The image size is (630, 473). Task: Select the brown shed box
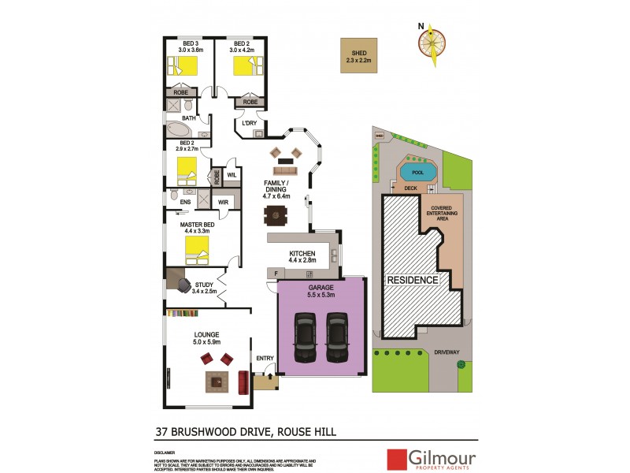[358, 56]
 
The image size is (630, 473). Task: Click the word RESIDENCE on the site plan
[410, 280]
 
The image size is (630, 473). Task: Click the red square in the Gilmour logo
[395, 460]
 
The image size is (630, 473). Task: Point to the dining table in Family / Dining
[276, 214]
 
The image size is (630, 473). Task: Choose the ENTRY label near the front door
[265, 359]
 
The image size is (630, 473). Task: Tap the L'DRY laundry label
[250, 124]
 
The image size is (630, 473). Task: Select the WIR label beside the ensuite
[223, 202]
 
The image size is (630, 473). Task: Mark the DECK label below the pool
[409, 188]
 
